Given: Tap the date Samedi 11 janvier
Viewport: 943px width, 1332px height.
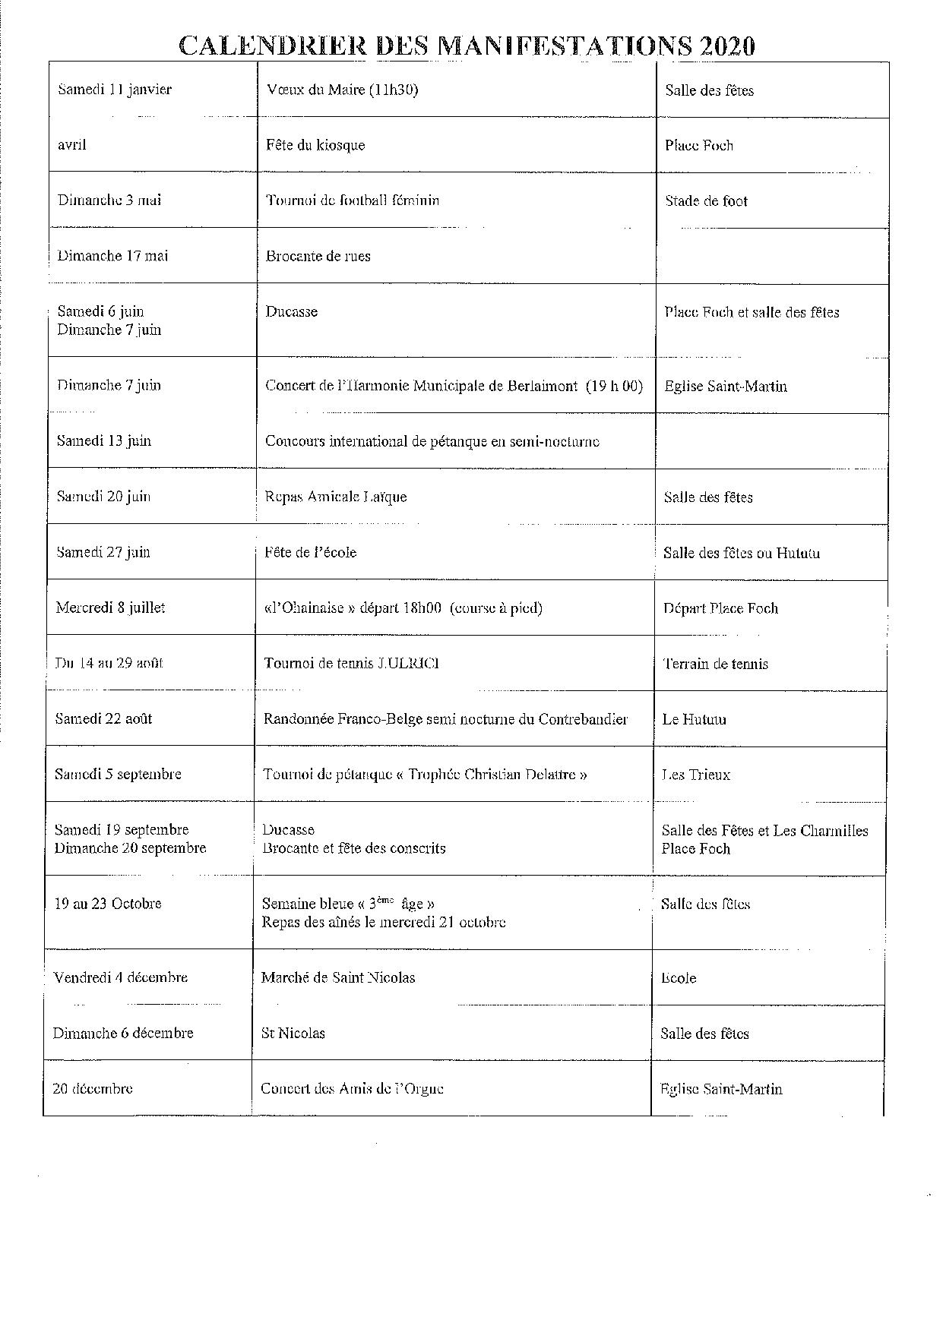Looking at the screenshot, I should pyautogui.click(x=115, y=90).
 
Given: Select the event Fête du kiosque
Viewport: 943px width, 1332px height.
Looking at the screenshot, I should pyautogui.click(x=315, y=145).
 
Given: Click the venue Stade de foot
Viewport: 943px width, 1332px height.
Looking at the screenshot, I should pyautogui.click(x=706, y=201).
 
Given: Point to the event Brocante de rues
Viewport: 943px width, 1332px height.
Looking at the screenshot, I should pyautogui.click(x=318, y=256).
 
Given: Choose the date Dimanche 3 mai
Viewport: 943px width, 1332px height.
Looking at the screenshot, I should pyautogui.click(x=109, y=200).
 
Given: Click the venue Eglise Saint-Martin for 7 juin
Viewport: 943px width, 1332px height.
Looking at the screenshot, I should pyautogui.click(x=725, y=386).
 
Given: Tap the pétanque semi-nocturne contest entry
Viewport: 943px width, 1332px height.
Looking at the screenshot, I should pyautogui.click(x=432, y=441).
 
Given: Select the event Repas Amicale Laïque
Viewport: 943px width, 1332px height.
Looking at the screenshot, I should pyautogui.click(x=335, y=497).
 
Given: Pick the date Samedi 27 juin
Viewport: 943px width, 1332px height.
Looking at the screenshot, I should pyautogui.click(x=103, y=552).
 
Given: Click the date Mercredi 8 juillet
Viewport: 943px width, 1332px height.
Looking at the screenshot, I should pyautogui.click(x=110, y=608).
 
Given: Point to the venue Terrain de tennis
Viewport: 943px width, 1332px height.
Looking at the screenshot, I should pyautogui.click(x=715, y=664).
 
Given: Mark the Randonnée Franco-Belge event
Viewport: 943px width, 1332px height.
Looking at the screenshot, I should pyautogui.click(x=445, y=718).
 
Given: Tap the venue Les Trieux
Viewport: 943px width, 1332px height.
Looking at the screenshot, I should pyautogui.click(x=695, y=775).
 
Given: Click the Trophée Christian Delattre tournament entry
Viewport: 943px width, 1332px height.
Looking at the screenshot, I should pyautogui.click(x=425, y=775).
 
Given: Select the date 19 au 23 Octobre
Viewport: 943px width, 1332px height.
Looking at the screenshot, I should pyautogui.click(x=107, y=904).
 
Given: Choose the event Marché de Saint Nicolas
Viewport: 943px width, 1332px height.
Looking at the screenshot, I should pyautogui.click(x=338, y=977).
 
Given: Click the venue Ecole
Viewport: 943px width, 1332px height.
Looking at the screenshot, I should pyautogui.click(x=679, y=978).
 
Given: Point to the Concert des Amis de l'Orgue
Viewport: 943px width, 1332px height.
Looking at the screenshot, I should pyautogui.click(x=352, y=1088).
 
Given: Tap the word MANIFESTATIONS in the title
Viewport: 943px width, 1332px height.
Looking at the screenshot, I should pyautogui.click(x=566, y=46).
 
